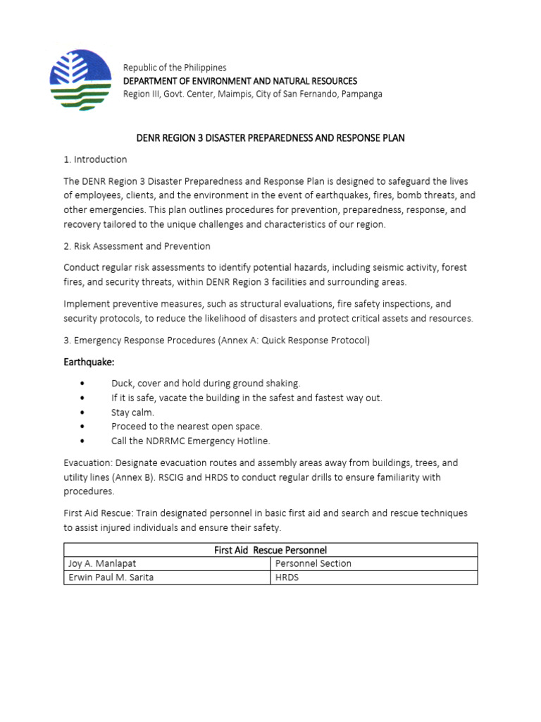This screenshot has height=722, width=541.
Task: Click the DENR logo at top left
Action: [x=80, y=74]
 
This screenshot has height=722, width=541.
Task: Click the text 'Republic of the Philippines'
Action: [x=175, y=68]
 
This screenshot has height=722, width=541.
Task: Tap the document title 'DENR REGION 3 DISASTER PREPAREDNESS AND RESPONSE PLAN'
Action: [x=270, y=137]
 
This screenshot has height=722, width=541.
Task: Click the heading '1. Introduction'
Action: [x=95, y=159]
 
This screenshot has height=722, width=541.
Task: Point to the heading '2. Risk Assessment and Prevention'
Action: [x=137, y=246]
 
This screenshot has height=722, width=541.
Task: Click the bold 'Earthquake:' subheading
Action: [x=89, y=362]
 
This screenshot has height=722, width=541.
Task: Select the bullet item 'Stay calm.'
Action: [x=132, y=412]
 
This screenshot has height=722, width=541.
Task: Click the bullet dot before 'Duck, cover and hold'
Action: [x=83, y=384]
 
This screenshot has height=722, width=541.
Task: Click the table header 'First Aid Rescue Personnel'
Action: [x=270, y=550]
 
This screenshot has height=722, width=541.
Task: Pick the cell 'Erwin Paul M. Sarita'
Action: [x=111, y=578]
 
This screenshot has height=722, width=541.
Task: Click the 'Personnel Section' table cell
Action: [x=313, y=564]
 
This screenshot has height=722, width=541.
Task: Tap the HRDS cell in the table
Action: [x=287, y=578]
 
